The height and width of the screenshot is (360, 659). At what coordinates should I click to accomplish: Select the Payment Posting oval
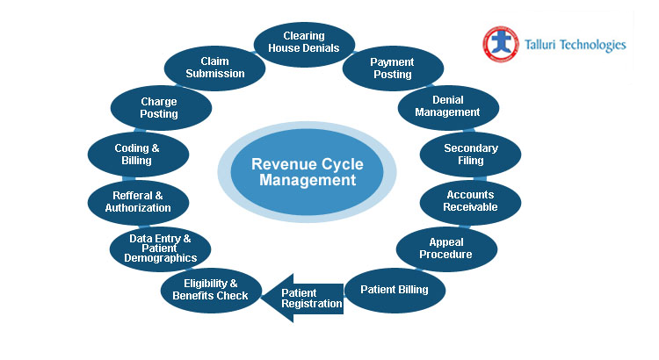(392, 68)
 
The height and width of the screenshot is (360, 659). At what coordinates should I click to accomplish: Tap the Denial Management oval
(447, 106)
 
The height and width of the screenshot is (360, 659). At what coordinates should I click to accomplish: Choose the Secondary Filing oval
(470, 155)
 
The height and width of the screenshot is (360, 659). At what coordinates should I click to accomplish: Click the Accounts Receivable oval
(470, 201)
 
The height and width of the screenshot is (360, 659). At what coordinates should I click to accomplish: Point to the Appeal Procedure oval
(446, 248)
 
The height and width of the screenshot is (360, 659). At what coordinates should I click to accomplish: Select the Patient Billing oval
(395, 290)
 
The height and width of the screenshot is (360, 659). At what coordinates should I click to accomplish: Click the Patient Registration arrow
(307, 298)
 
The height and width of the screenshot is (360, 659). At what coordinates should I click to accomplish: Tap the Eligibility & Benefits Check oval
(211, 290)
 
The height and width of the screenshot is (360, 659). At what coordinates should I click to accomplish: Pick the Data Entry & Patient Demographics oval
(160, 249)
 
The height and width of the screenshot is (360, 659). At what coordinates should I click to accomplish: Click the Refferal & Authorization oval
(138, 202)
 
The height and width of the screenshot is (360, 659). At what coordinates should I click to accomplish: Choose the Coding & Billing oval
(138, 155)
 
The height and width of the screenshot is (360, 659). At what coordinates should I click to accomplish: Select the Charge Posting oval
(160, 107)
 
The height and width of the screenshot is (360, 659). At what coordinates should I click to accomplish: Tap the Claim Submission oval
(214, 68)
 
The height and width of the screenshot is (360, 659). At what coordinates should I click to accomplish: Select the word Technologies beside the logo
(596, 45)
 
